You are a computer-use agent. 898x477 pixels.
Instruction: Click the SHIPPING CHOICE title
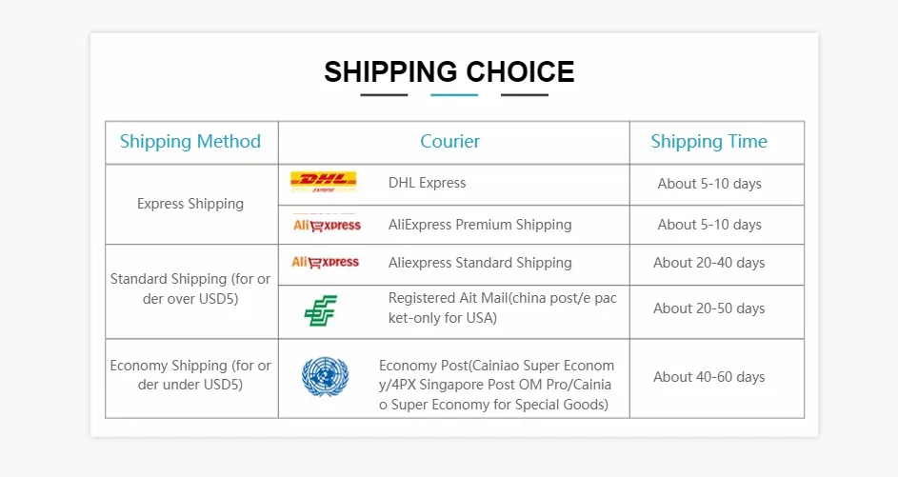point(449,72)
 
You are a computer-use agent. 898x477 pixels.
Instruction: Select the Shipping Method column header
point(190,142)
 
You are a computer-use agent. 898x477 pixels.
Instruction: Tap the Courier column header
point(450,142)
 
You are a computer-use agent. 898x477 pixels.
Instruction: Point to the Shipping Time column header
point(709,142)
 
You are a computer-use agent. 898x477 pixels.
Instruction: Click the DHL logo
point(324,182)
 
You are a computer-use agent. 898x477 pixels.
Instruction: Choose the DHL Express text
point(428,183)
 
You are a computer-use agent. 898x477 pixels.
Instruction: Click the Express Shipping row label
point(190,204)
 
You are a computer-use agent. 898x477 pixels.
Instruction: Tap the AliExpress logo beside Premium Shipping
point(327,225)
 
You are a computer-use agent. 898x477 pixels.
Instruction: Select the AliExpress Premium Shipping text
point(480,225)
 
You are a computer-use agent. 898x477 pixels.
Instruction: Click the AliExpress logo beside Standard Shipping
point(326,262)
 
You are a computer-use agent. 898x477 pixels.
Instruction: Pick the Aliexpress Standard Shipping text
point(480,263)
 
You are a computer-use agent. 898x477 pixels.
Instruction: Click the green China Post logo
point(321,311)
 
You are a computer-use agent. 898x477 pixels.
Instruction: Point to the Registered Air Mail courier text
point(502,308)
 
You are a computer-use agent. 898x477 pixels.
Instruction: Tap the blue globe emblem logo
point(326,377)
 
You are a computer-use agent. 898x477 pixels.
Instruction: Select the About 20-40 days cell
point(709,263)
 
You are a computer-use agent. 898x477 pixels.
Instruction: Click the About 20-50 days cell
point(709,308)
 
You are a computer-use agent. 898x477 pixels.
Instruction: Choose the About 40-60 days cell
point(709,377)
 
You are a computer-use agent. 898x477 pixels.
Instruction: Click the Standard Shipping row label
point(190,288)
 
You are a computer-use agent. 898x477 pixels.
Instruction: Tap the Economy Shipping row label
point(190,375)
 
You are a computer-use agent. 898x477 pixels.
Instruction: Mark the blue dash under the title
point(454,95)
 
